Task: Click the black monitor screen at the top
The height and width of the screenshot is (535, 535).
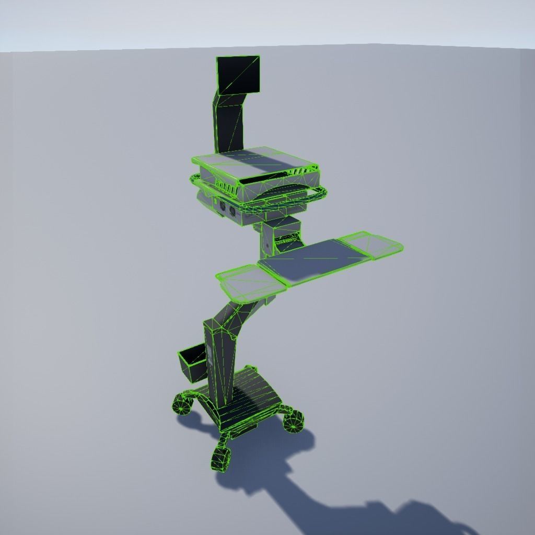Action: pos(238,74)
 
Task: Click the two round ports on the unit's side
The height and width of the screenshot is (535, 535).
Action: pos(226,207)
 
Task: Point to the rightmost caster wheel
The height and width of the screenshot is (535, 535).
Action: pos(294,421)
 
